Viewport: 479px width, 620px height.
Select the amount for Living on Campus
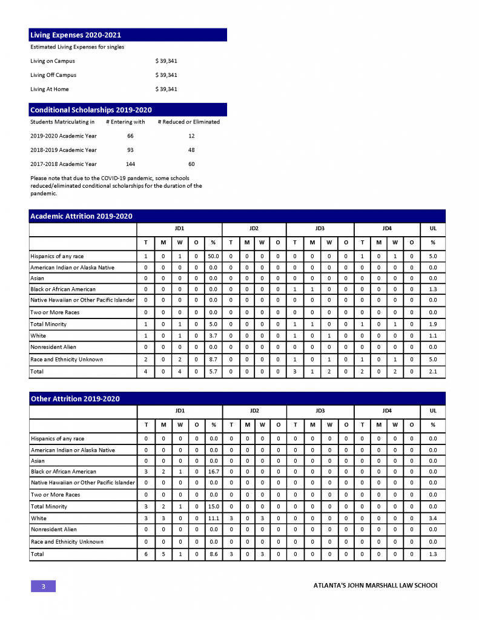(166, 61)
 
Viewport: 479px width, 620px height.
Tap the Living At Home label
(50, 89)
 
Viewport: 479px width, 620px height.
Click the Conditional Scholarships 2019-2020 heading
(91, 110)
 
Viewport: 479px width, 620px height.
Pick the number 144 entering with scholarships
(130, 164)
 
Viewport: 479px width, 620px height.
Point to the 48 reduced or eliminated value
(191, 150)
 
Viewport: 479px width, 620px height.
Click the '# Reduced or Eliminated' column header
(188, 122)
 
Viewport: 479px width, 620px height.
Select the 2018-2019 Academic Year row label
(64, 150)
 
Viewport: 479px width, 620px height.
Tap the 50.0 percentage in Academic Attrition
(213, 256)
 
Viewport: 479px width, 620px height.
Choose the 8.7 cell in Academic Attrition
(213, 359)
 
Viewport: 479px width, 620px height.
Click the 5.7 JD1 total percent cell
(213, 371)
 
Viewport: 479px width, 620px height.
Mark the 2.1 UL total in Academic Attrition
(432, 371)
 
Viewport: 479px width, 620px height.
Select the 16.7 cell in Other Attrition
(213, 471)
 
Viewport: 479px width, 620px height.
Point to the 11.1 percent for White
(213, 518)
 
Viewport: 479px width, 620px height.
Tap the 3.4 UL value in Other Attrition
(432, 518)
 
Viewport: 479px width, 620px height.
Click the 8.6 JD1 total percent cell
(213, 554)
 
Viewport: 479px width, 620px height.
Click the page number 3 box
(43, 586)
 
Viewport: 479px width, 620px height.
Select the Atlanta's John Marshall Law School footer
(375, 586)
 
